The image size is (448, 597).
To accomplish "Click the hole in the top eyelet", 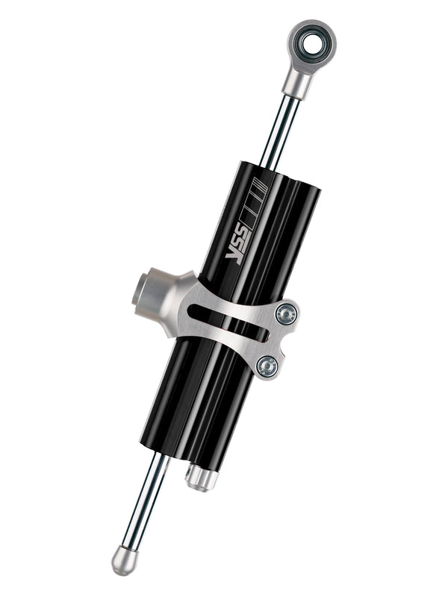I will click(x=312, y=43).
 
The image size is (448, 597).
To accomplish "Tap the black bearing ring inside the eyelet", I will click(x=302, y=37).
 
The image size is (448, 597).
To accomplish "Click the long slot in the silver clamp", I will click(x=228, y=320).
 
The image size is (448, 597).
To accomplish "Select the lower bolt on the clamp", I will click(x=267, y=365).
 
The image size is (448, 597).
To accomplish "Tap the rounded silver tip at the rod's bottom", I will click(x=123, y=559).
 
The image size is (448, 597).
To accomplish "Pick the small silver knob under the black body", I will click(x=201, y=477).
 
